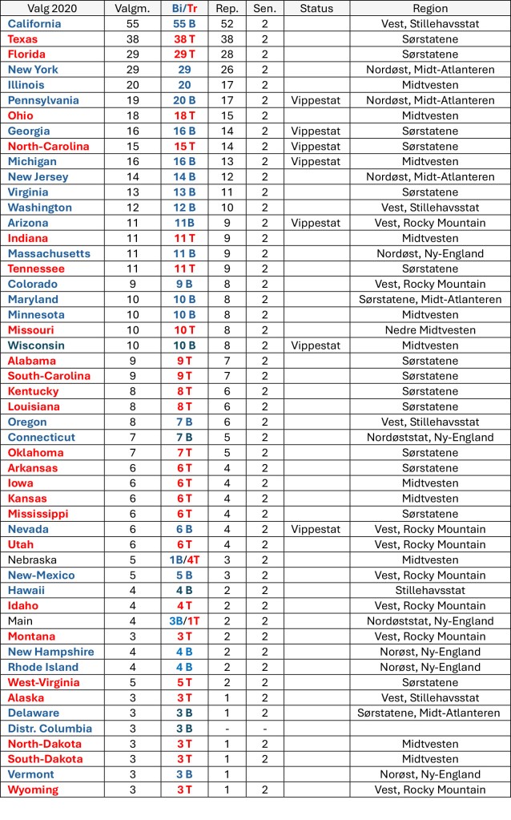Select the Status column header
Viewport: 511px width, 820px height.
[x=316, y=8]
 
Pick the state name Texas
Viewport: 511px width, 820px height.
[x=23, y=38]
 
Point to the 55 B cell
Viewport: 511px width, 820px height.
[x=184, y=23]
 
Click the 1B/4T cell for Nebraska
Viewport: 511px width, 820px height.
[x=184, y=560]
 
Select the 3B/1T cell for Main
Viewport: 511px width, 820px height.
[x=184, y=621]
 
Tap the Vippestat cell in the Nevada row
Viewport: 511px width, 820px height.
[x=316, y=529]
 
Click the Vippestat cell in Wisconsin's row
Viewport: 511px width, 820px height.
[x=316, y=345]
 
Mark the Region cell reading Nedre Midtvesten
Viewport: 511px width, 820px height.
[x=430, y=330]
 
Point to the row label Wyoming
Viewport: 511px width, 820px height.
[x=33, y=790]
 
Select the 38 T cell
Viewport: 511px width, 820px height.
[x=184, y=38]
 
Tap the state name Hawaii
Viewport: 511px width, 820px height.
[x=26, y=591]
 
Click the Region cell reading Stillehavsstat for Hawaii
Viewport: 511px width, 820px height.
[x=430, y=591]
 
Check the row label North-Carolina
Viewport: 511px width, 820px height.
[x=49, y=146]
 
